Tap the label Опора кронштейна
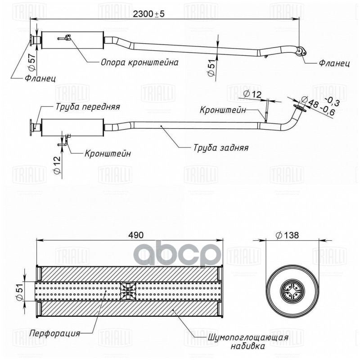(139, 63)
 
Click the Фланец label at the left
(40, 78)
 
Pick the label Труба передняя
(88, 107)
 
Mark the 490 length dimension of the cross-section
(137, 235)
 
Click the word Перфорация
(54, 333)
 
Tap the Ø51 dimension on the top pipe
(211, 68)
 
